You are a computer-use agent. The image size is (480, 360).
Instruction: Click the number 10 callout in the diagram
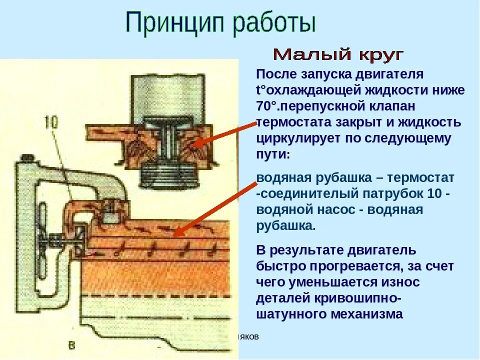click(x=51, y=121)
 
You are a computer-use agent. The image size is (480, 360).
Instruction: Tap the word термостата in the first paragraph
click(x=295, y=122)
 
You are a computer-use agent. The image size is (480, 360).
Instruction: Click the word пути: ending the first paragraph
click(x=273, y=154)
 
